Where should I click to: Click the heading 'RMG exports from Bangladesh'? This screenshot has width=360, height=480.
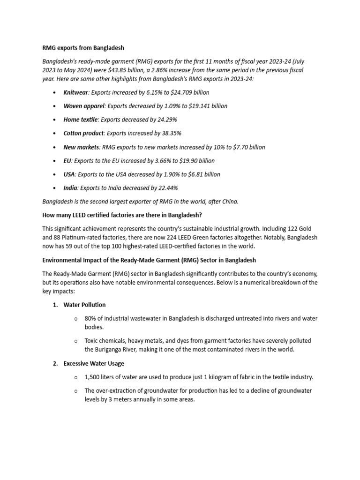coord(83,48)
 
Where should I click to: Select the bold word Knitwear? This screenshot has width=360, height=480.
coord(75,92)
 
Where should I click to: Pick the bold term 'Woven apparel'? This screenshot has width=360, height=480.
coord(84,106)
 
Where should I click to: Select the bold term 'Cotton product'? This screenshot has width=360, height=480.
coord(83,133)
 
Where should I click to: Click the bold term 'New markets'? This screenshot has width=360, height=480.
coord(81,147)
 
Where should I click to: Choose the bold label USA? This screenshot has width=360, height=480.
coord(69,174)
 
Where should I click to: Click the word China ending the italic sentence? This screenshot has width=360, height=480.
coord(229,202)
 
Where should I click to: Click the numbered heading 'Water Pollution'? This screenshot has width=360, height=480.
coord(84,305)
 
